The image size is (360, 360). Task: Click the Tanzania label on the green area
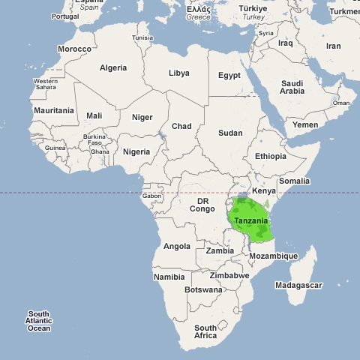coord(250,221)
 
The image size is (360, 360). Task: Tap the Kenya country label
coord(263,191)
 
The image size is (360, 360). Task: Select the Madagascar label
coord(298,285)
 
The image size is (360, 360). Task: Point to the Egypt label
coord(229,75)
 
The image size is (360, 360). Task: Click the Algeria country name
coord(113,67)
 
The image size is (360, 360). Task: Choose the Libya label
coord(179,73)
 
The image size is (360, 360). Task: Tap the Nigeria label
coord(136,151)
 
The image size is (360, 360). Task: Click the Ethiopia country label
coord(271,156)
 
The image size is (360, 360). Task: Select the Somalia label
coord(294,181)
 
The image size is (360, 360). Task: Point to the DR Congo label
coord(202,205)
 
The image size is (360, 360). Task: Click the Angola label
coord(177,246)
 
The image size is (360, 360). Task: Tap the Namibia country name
coord(169,277)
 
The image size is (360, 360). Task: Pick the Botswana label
coord(202,289)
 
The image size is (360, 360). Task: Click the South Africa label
coord(205,332)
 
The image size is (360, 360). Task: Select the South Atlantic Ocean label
coord(39,321)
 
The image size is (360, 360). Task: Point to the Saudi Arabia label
coord(292,87)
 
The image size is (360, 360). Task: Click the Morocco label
coord(75,49)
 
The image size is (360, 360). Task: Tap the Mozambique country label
coord(273,256)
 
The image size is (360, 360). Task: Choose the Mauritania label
coord(54,110)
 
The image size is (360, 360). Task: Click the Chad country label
coord(181,126)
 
